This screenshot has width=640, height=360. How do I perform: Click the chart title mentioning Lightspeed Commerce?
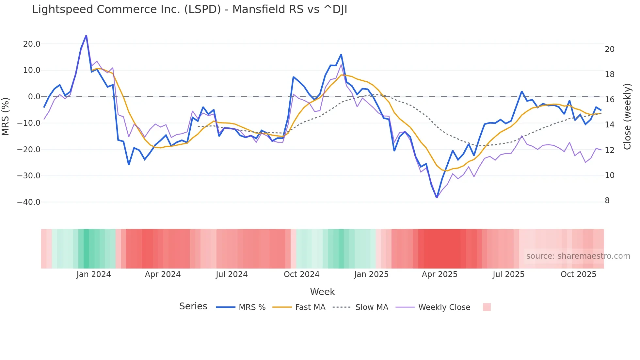189,9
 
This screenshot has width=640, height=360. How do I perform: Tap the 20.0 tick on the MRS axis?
32,44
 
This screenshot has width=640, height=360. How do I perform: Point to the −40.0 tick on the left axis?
29,202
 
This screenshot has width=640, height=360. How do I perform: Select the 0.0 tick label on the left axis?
34,97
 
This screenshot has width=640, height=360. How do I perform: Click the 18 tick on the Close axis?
609,74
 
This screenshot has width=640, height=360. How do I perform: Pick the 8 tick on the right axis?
607,201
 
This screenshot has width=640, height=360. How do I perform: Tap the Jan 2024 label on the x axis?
94,274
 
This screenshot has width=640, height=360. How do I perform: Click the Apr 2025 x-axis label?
440,274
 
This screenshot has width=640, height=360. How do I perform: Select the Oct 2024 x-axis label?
301,274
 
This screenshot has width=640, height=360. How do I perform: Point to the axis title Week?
322,292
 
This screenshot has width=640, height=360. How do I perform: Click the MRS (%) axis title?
6,116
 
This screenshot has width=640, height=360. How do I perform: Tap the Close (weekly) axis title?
627,116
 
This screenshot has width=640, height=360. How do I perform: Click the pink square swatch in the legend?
487,307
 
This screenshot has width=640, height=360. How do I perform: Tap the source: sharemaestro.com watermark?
578,256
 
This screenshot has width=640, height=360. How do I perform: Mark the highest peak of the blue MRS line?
86,35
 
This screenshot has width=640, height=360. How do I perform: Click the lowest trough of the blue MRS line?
437,197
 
